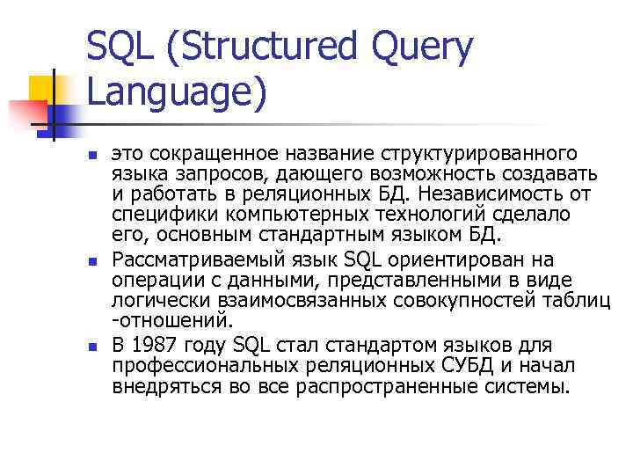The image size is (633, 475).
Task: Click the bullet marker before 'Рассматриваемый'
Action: click(x=91, y=263)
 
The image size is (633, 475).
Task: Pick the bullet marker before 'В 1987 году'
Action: click(x=91, y=347)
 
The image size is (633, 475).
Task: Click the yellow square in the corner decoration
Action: click(x=42, y=88)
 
